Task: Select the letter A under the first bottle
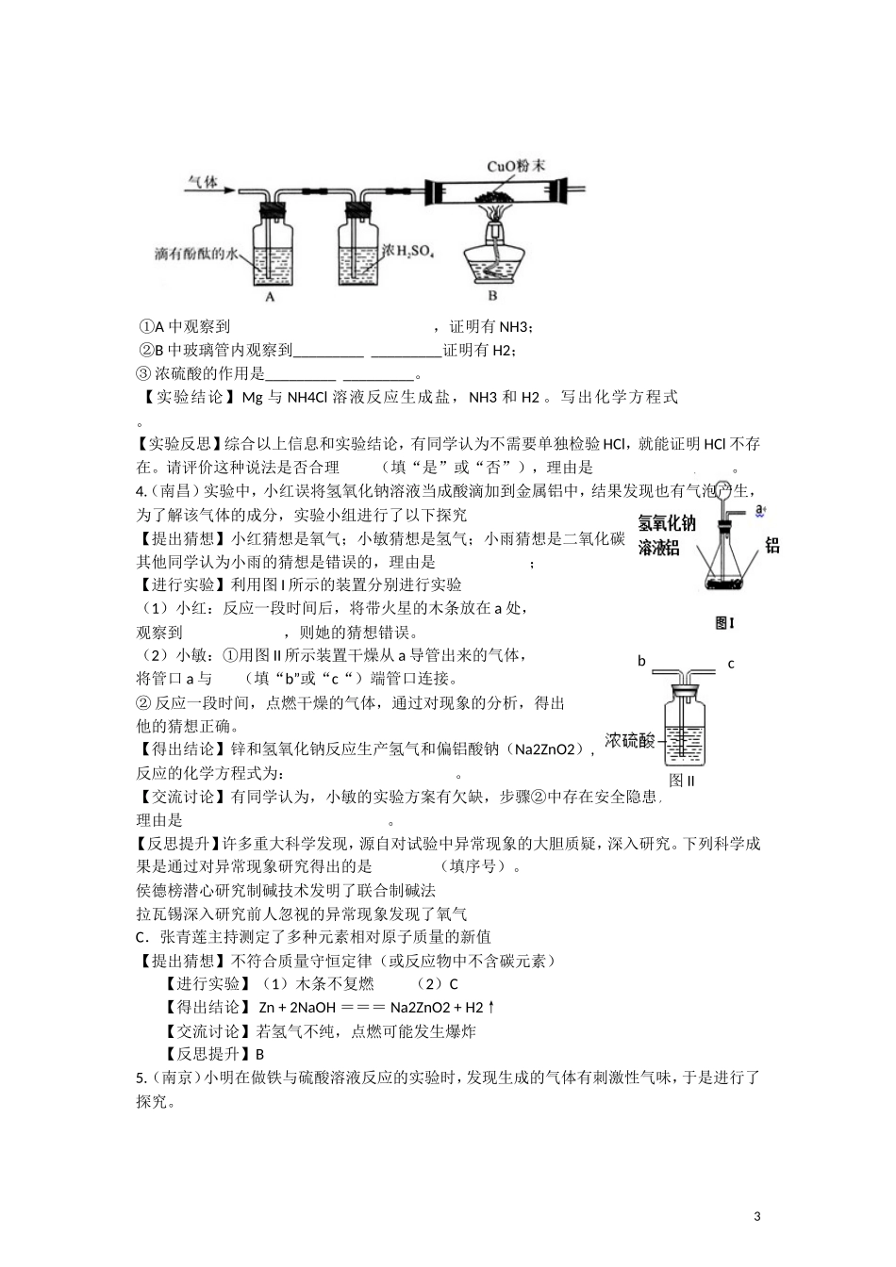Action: click(x=270, y=296)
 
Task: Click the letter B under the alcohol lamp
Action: click(x=492, y=295)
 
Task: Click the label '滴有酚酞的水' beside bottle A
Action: click(x=199, y=254)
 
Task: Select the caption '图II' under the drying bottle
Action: click(x=681, y=780)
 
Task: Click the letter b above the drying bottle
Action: click(x=641, y=661)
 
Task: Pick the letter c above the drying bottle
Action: click(x=731, y=664)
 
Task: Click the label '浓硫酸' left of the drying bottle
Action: click(x=629, y=740)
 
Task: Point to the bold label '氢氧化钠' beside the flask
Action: click(x=667, y=524)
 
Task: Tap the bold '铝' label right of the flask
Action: click(x=772, y=544)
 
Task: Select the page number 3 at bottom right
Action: click(x=757, y=1216)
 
